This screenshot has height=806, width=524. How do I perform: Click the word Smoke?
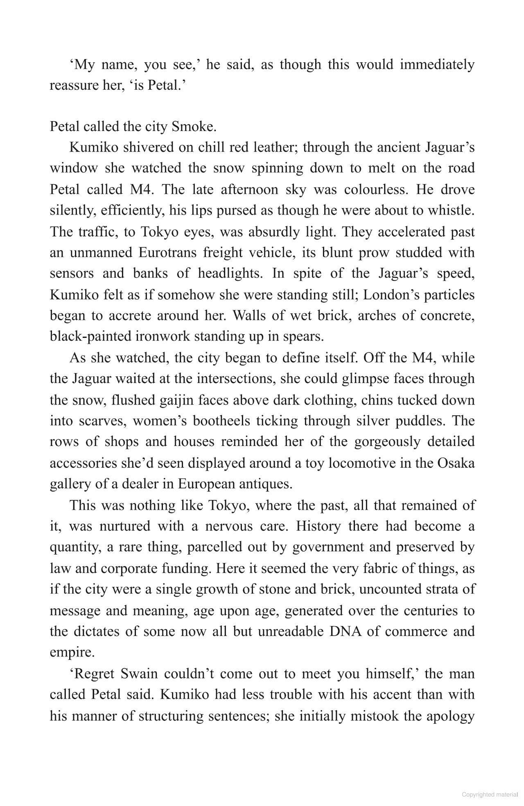pos(194,127)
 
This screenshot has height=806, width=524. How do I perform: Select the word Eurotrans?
pos(167,252)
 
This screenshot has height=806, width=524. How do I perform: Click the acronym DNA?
pos(346,631)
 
